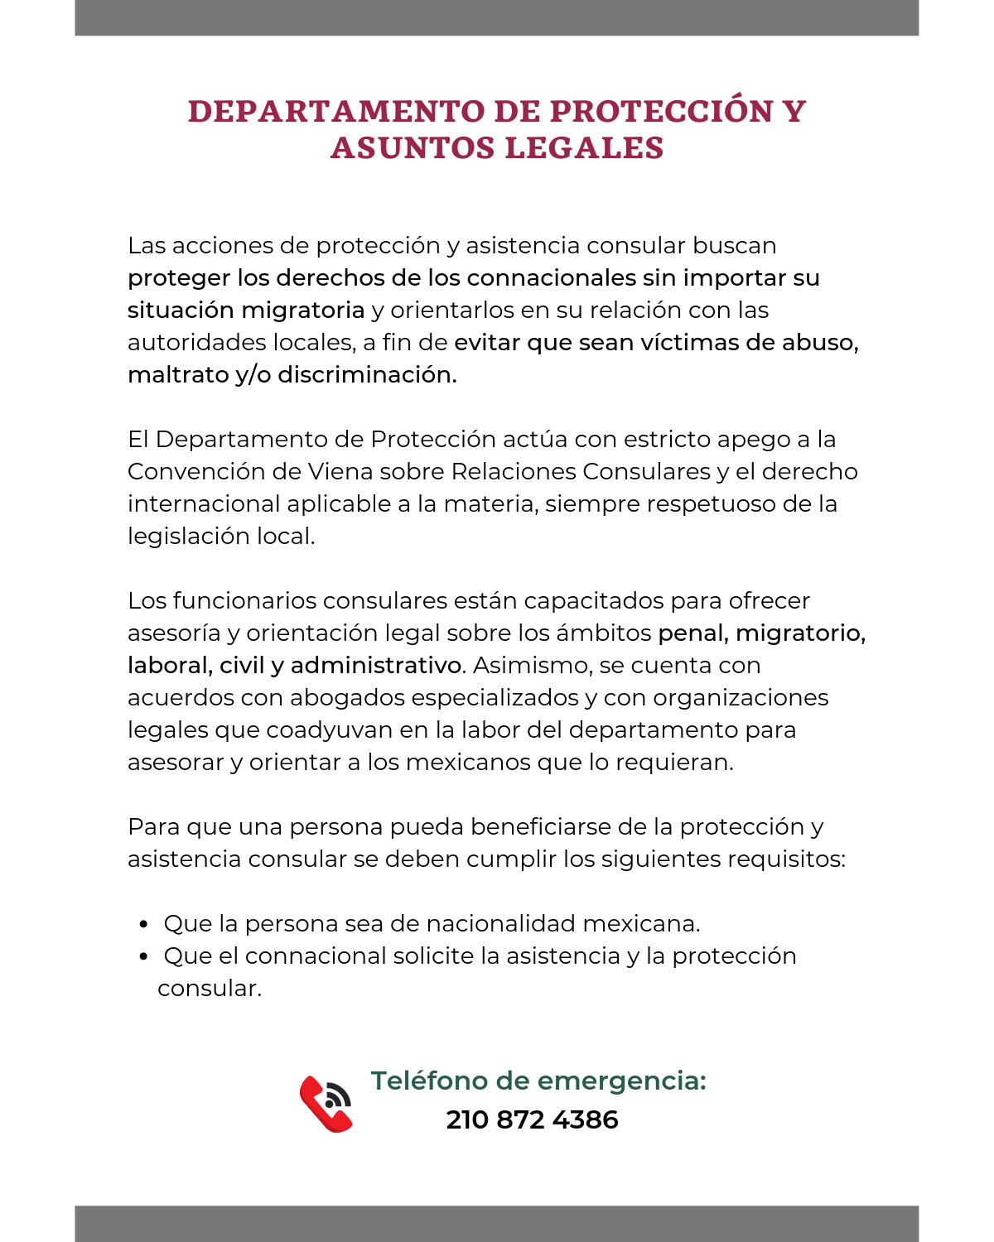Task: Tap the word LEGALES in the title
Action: tap(584, 148)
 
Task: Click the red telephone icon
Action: tap(326, 1104)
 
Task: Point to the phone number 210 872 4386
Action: tap(532, 1119)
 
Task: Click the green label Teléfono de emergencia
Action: tap(538, 1081)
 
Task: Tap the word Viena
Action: tap(340, 471)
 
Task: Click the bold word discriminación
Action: tap(367, 374)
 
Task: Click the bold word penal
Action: tap(692, 633)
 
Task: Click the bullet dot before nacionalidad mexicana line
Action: tap(144, 924)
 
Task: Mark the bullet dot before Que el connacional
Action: tap(144, 956)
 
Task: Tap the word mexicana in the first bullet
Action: tap(641, 923)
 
